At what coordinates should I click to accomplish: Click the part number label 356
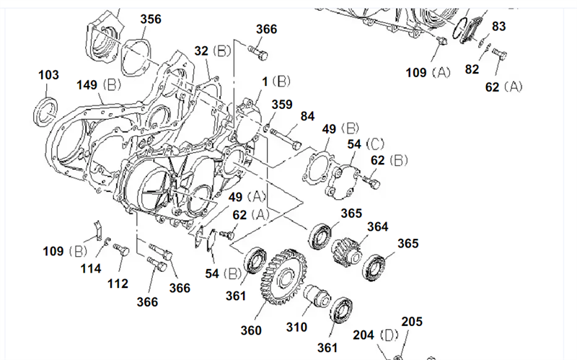151,19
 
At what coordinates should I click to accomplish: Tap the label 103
48,75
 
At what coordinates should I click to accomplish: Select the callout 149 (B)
100,86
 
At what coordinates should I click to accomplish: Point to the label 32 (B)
212,51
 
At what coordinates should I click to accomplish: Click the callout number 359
282,105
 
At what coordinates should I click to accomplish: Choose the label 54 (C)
364,144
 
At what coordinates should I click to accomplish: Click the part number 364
377,227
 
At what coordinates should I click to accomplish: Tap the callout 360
251,330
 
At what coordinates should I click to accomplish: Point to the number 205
412,322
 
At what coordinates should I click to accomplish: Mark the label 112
117,284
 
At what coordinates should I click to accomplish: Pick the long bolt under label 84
286,135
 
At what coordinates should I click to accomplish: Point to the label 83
499,26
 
